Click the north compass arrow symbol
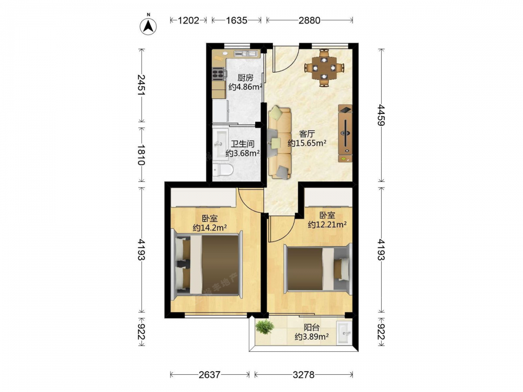click(149, 25)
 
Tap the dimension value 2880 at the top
click(309, 20)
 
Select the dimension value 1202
click(188, 20)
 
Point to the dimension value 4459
click(381, 115)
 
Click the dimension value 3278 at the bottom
click(303, 375)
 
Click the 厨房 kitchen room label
click(245, 78)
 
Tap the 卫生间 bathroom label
click(243, 144)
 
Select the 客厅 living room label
click(307, 134)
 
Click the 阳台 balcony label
click(312, 327)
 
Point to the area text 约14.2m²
click(210, 228)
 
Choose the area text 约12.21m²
click(327, 224)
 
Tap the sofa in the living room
click(279, 142)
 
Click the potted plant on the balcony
click(265, 327)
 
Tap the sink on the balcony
click(344, 332)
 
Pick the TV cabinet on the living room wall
click(345, 133)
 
